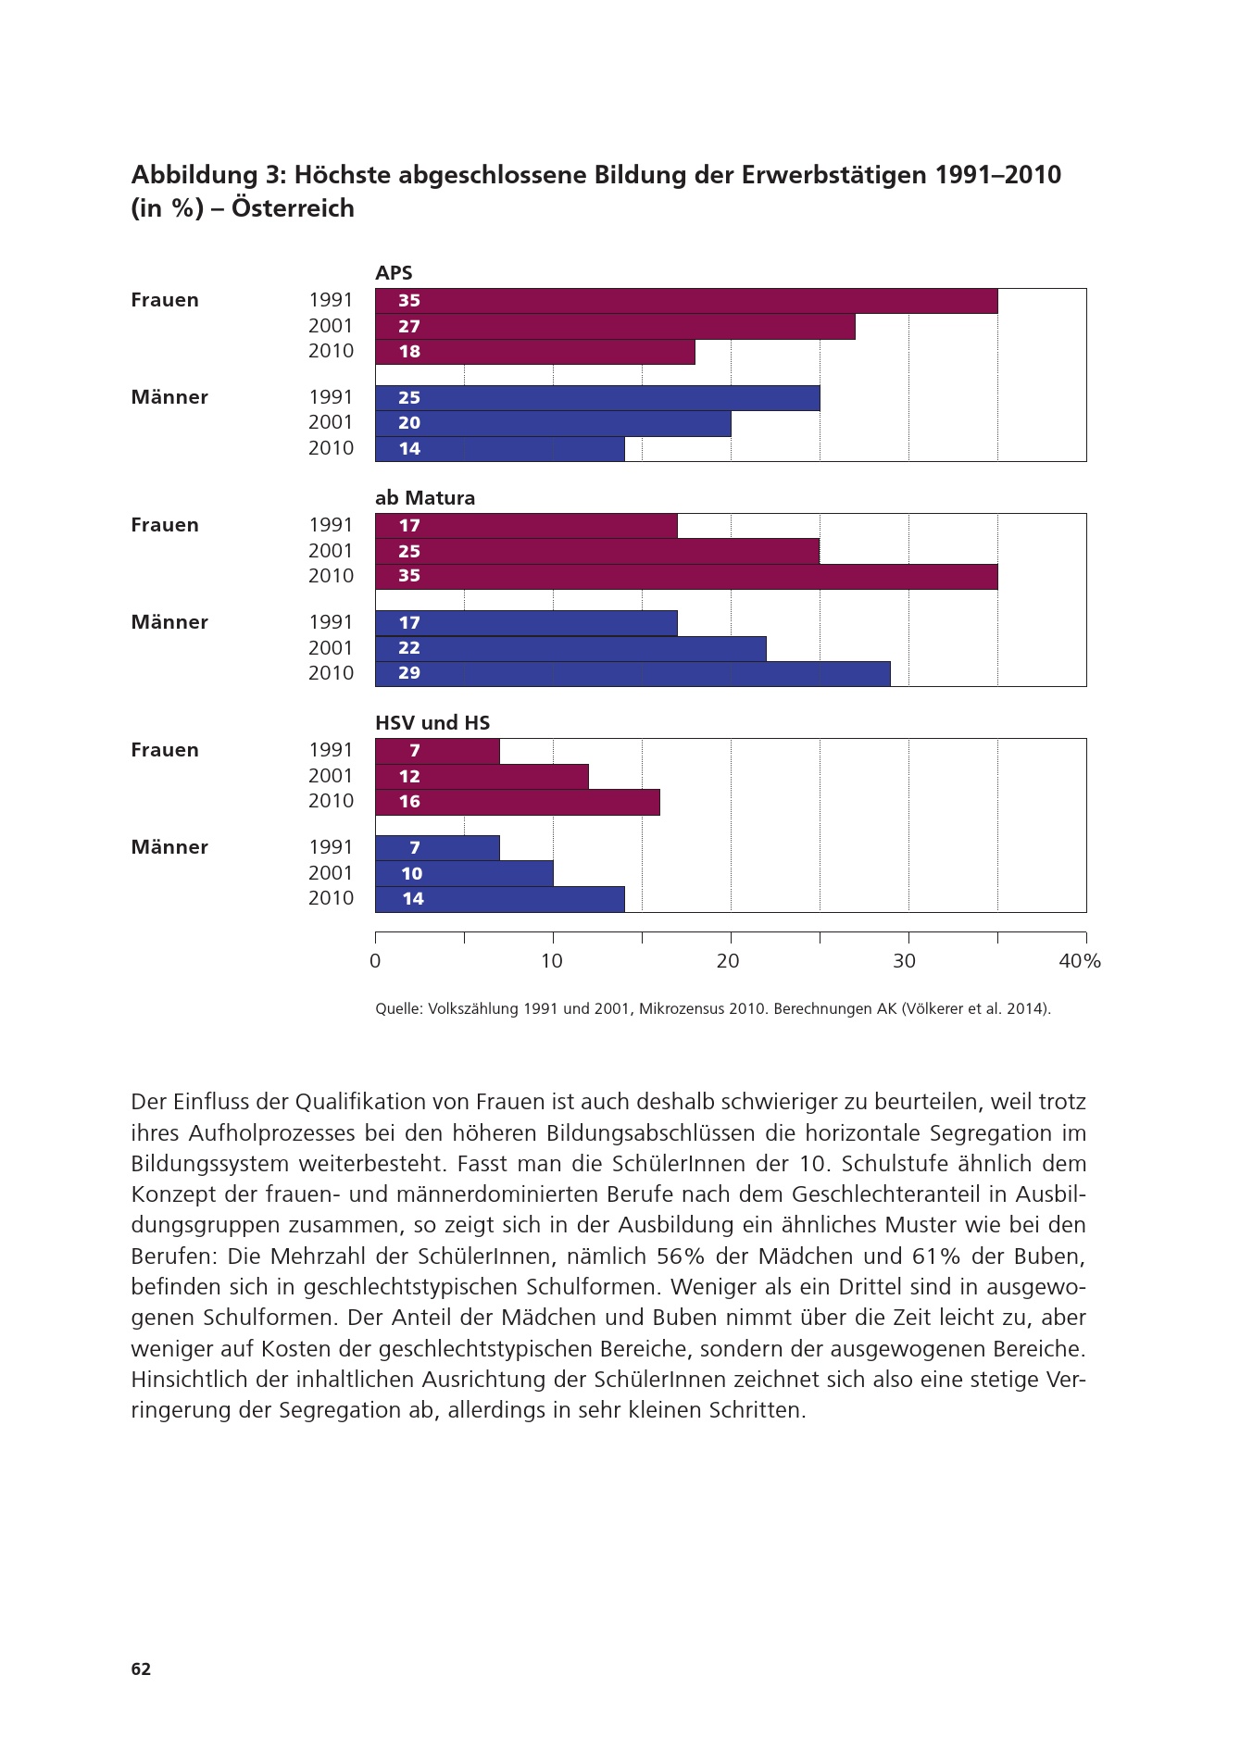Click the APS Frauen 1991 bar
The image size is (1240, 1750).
[686, 301]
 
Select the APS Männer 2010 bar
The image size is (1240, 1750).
[500, 449]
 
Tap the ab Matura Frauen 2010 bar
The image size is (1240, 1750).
[686, 576]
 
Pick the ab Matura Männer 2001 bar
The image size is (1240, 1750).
[570, 648]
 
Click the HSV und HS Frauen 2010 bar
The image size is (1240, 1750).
[518, 802]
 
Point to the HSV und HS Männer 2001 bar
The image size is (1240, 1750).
[464, 873]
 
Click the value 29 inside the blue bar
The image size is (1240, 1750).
[409, 673]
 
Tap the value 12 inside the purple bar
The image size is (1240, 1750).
[409, 777]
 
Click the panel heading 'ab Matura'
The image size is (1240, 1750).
[425, 498]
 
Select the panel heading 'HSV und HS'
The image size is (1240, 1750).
[432, 723]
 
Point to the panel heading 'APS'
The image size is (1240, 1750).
[394, 273]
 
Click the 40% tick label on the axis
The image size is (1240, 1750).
[1080, 961]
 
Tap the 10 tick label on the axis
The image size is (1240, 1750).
[552, 961]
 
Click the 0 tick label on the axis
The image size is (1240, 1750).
[375, 961]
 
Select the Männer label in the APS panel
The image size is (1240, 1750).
[169, 397]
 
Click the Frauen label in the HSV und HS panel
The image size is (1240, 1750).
[165, 750]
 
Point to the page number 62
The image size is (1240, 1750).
[141, 1669]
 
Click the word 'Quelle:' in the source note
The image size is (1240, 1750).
[399, 1009]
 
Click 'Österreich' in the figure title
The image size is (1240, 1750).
[294, 208]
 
